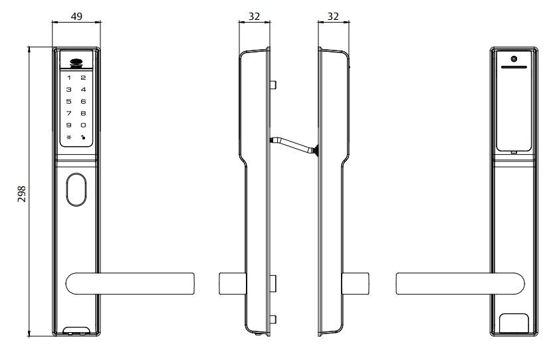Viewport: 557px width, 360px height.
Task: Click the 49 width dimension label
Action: click(76, 17)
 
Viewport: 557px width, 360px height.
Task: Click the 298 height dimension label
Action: click(22, 194)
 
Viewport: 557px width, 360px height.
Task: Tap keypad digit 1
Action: click(69, 78)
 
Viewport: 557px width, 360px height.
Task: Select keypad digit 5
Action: click(69, 102)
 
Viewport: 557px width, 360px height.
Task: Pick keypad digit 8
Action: click(83, 114)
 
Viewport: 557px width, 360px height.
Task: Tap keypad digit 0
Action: click(83, 125)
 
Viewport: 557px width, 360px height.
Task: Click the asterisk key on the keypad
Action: click(69, 137)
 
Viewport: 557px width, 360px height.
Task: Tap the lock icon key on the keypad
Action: click(83, 137)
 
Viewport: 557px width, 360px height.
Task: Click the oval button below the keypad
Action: click(76, 189)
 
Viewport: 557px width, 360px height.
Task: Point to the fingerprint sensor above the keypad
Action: click(76, 62)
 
